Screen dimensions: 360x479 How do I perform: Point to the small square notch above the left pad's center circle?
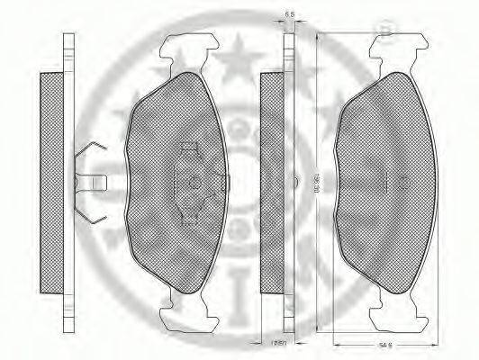(189, 147)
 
